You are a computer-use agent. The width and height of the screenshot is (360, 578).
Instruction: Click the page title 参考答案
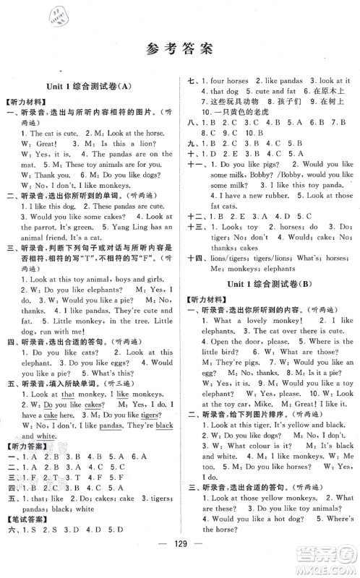click(179, 49)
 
